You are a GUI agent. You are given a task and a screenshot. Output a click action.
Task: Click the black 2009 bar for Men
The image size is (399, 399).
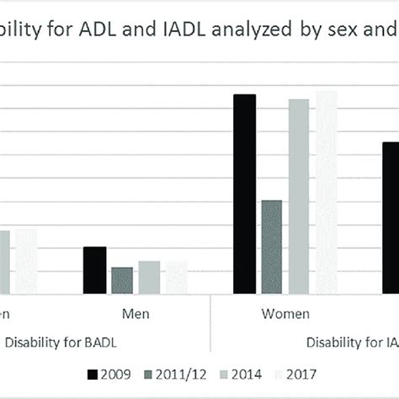95,270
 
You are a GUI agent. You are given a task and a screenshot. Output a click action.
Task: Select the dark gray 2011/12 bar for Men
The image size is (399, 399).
122,280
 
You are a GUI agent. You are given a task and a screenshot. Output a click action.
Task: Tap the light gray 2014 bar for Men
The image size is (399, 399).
149,277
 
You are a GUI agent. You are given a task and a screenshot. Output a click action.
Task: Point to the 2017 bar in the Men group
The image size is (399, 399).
176,277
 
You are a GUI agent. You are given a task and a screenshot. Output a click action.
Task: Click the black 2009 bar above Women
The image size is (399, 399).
244,194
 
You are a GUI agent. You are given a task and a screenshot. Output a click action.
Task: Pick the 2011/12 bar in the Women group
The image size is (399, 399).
271,247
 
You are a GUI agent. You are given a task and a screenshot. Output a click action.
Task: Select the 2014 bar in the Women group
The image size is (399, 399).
299,196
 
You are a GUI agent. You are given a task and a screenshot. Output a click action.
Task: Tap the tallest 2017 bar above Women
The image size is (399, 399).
326,192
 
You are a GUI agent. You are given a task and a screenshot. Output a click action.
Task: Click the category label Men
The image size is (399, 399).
136,314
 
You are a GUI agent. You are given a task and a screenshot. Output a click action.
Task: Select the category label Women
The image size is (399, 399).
285,314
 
